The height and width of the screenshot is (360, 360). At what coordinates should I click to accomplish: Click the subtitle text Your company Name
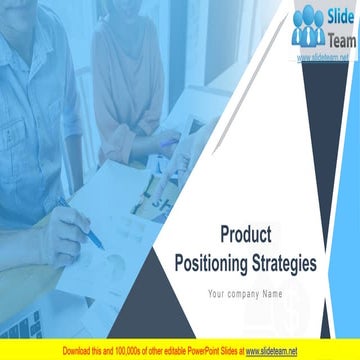click(x=245, y=293)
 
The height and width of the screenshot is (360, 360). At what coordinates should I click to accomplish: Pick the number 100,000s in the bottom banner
click(x=132, y=351)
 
